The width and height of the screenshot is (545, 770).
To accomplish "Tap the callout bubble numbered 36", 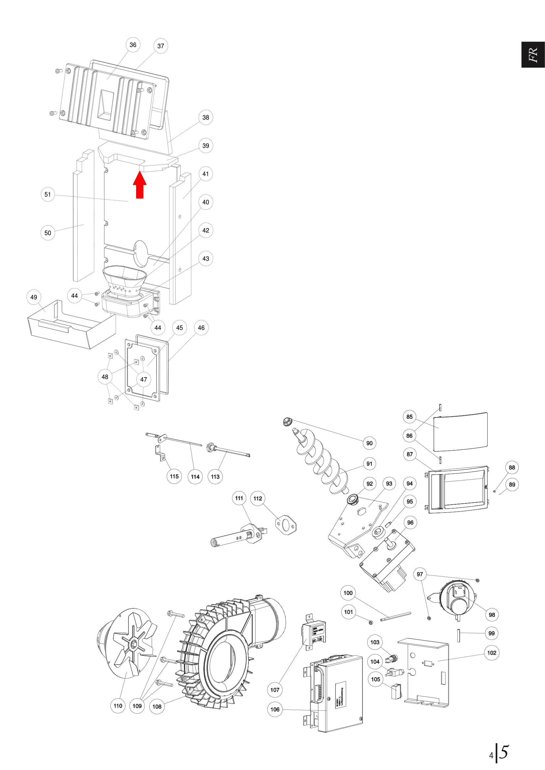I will [133, 45].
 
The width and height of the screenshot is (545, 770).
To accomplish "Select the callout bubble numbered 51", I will [48, 195].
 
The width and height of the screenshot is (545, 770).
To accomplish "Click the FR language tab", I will [533, 55].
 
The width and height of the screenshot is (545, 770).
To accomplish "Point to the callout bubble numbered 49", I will [34, 297].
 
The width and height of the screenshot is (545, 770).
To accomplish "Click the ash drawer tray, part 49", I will [72, 327].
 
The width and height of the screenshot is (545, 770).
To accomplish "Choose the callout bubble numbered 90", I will [369, 443].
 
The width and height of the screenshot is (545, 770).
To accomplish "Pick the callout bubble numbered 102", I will [492, 652].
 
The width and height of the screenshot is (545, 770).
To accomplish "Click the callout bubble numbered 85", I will [410, 417].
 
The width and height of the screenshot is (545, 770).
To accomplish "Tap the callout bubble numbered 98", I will [492, 615].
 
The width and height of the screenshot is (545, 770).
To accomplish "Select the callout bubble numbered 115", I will [174, 477].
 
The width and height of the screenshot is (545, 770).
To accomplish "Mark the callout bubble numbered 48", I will [105, 377].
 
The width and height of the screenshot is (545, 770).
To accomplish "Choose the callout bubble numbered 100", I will [348, 593].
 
